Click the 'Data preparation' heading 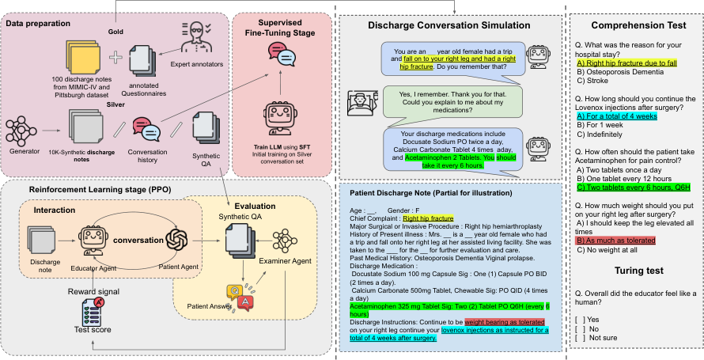coord(37,25)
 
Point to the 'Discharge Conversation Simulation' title coord(449,25)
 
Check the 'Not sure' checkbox coord(581,337)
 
